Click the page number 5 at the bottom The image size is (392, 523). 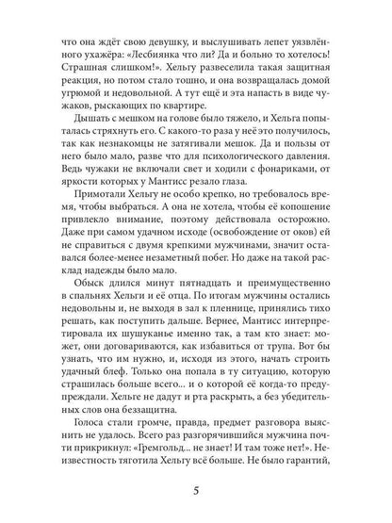point(195,491)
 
